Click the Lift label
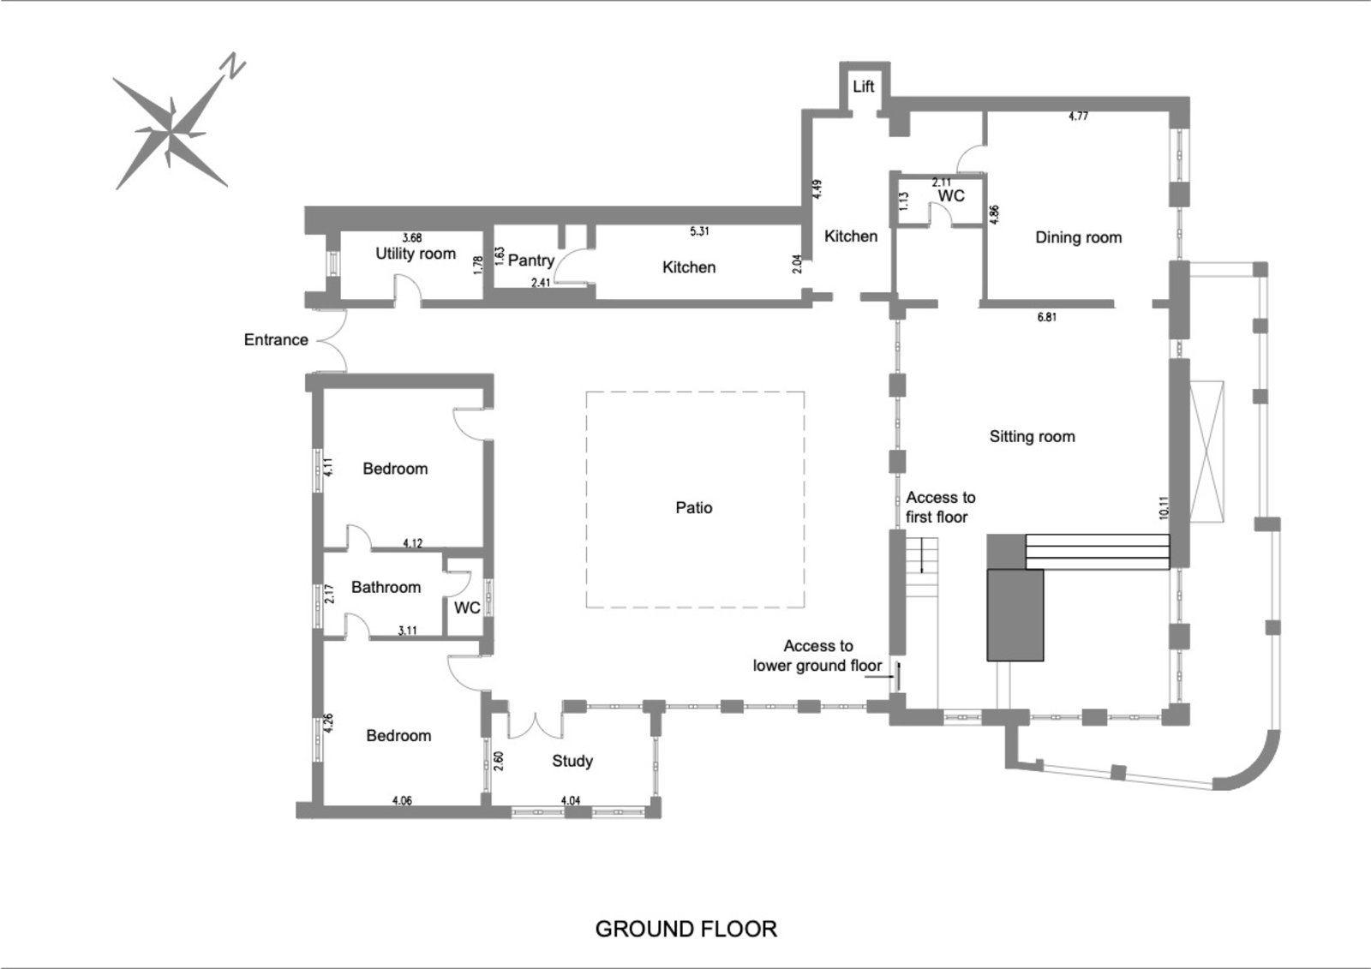(864, 87)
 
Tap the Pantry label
(531, 260)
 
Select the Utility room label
(416, 254)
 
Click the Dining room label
(1078, 237)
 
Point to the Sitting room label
(1032, 436)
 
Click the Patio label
(694, 507)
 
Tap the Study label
(572, 761)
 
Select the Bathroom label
(386, 587)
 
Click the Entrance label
(276, 339)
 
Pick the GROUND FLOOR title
(685, 929)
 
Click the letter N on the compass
(232, 66)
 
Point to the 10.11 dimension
(1163, 508)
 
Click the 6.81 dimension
(1046, 317)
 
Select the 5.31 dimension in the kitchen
(699, 231)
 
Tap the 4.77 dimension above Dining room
(1078, 117)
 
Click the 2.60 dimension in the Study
(499, 760)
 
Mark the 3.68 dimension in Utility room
(412, 237)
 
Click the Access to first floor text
(940, 507)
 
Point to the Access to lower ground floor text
(817, 656)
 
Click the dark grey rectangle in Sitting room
(1015, 614)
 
